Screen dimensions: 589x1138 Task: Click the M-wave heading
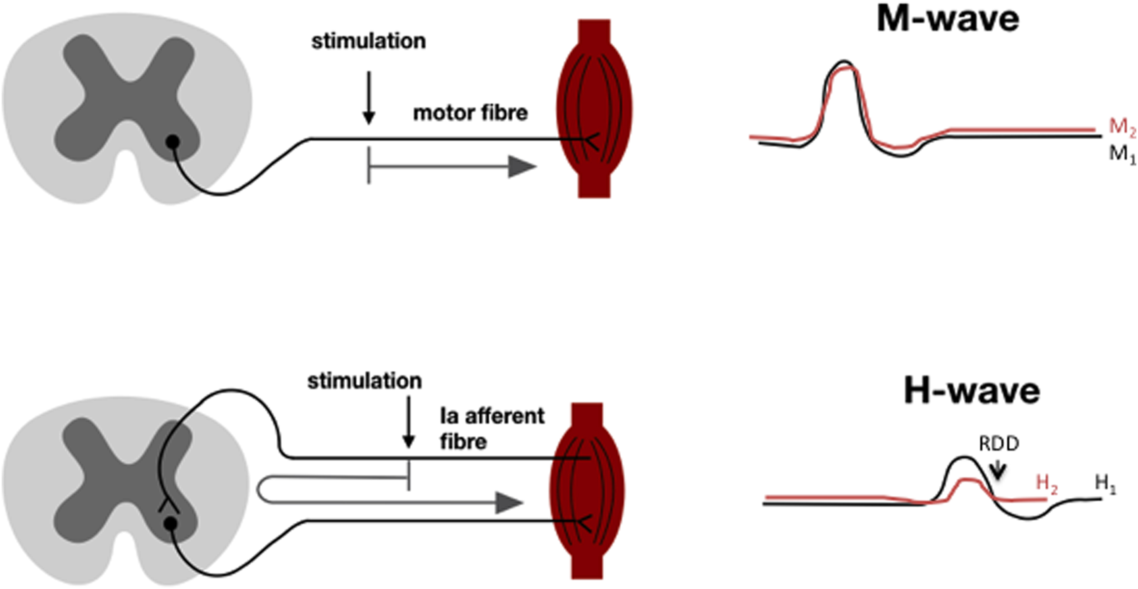[x=948, y=19]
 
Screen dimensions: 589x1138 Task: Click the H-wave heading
[x=972, y=392]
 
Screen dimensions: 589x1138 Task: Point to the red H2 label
[x=1047, y=483]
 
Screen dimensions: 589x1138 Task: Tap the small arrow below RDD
[x=996, y=471]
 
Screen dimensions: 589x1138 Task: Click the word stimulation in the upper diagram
[x=368, y=41]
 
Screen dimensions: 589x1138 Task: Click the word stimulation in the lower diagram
[x=365, y=381]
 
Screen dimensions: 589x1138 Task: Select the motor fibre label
[x=470, y=113]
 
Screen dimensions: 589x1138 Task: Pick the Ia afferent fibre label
[x=492, y=428]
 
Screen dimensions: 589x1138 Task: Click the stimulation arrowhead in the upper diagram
[x=369, y=118]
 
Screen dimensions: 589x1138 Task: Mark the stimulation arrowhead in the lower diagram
[x=408, y=442]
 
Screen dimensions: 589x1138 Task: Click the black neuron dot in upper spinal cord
[x=172, y=142]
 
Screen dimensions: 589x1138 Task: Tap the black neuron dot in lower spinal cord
[x=170, y=524]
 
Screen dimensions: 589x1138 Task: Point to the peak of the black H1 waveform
[x=963, y=457]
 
